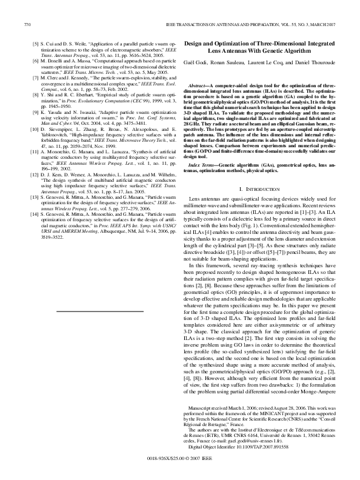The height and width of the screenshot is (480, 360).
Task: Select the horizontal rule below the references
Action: (99, 311)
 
